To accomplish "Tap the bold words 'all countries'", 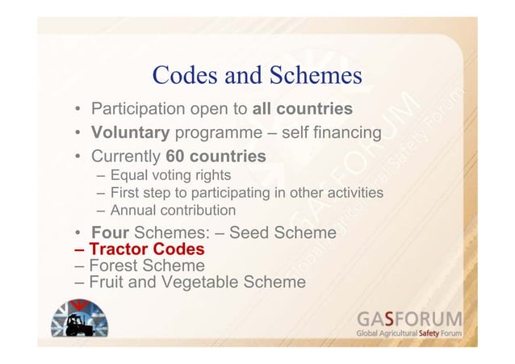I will [x=303, y=109].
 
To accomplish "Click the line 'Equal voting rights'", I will [x=170, y=175].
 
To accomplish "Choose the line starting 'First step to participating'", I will [x=246, y=193].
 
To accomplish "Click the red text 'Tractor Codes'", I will [x=146, y=249].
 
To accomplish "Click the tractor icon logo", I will [x=78, y=321].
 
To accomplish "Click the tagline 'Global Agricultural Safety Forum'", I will [x=409, y=333].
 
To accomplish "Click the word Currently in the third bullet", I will [x=126, y=154].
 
